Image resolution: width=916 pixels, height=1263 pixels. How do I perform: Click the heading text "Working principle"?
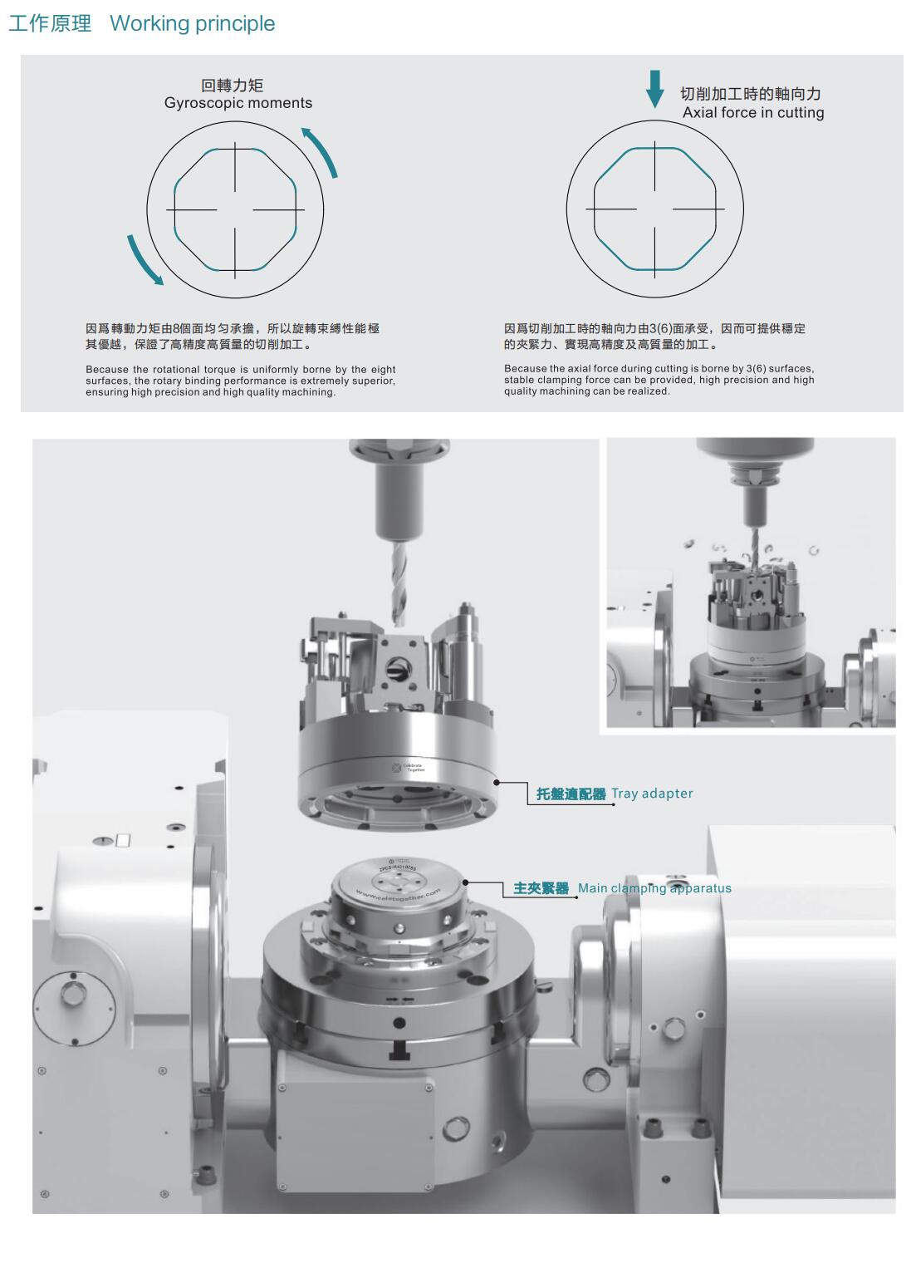pos(192,23)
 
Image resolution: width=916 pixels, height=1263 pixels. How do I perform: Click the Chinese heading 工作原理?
pos(50,23)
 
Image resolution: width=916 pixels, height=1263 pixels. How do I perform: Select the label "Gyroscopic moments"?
pos(238,103)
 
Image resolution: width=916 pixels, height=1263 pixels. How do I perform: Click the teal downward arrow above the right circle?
pos(654,89)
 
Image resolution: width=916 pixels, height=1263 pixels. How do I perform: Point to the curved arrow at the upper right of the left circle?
pos(322,150)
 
